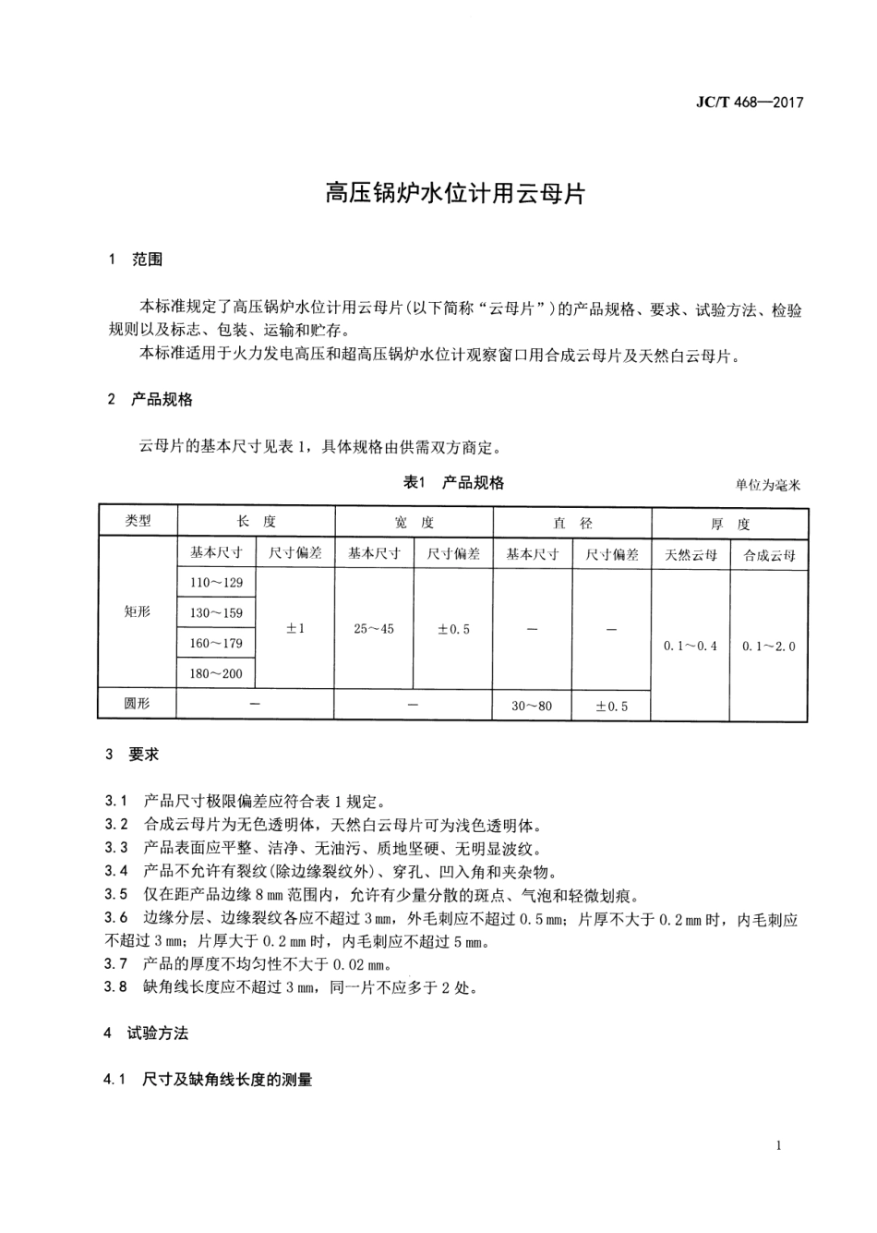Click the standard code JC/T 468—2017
749,103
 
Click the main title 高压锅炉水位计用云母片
454,193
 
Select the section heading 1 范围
136,260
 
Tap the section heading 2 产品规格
150,400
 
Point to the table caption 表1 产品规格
453,482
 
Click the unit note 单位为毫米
768,485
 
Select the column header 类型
138,521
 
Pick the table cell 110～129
216,583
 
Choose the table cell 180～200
216,673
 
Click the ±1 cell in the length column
295,628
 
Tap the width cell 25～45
374,628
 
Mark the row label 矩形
138,611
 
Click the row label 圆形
138,704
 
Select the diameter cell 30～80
532,706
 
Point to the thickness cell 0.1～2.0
769,646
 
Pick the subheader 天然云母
691,555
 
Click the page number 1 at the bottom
778,1146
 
